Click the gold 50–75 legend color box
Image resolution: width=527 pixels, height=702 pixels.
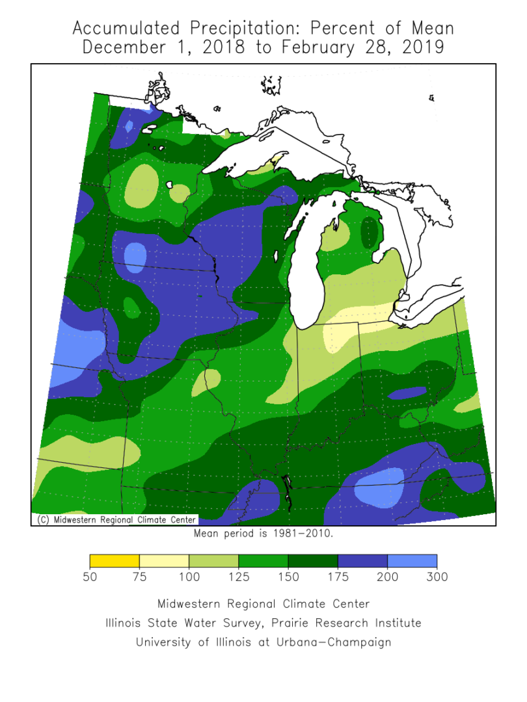pos(115,561)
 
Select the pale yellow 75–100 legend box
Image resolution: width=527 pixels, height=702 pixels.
pos(164,561)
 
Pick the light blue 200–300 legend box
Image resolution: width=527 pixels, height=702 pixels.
pos(412,561)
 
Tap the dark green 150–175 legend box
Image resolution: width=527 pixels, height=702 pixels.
pos(313,561)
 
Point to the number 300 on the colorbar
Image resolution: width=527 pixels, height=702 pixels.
pos(437,577)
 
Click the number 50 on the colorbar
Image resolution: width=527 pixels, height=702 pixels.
pos(90,577)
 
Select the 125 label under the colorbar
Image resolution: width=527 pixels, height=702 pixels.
pos(238,577)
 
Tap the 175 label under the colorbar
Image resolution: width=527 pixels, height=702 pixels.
pos(338,577)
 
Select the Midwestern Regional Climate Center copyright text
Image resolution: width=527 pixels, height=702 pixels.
pos(115,519)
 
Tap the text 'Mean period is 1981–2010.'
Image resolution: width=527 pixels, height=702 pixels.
pos(263,534)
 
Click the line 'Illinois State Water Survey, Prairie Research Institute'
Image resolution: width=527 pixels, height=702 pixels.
pos(263,623)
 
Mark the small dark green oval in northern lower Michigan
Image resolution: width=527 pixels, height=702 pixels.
pos(370,232)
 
